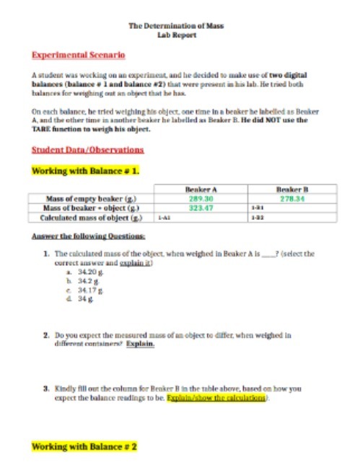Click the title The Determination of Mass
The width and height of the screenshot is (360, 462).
[x=176, y=26]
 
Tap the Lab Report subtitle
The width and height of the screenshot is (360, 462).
[x=176, y=35]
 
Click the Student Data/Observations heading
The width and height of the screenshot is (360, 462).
[x=87, y=150]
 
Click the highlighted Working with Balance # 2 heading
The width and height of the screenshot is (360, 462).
[x=84, y=447]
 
